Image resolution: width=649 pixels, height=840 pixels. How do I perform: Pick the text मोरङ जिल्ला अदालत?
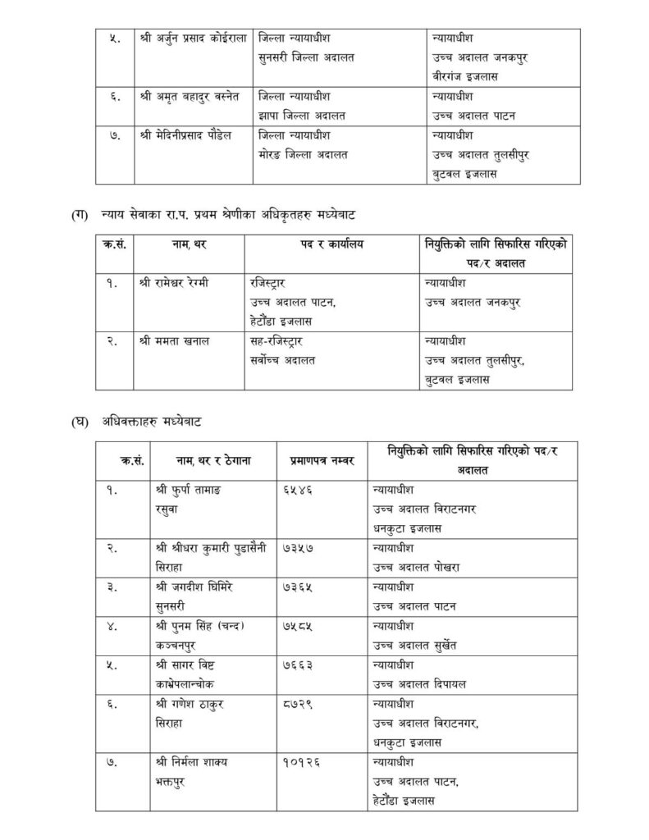(303, 155)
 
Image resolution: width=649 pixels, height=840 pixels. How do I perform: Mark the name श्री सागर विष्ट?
(185, 664)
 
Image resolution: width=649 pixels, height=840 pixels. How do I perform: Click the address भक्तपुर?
(171, 780)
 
